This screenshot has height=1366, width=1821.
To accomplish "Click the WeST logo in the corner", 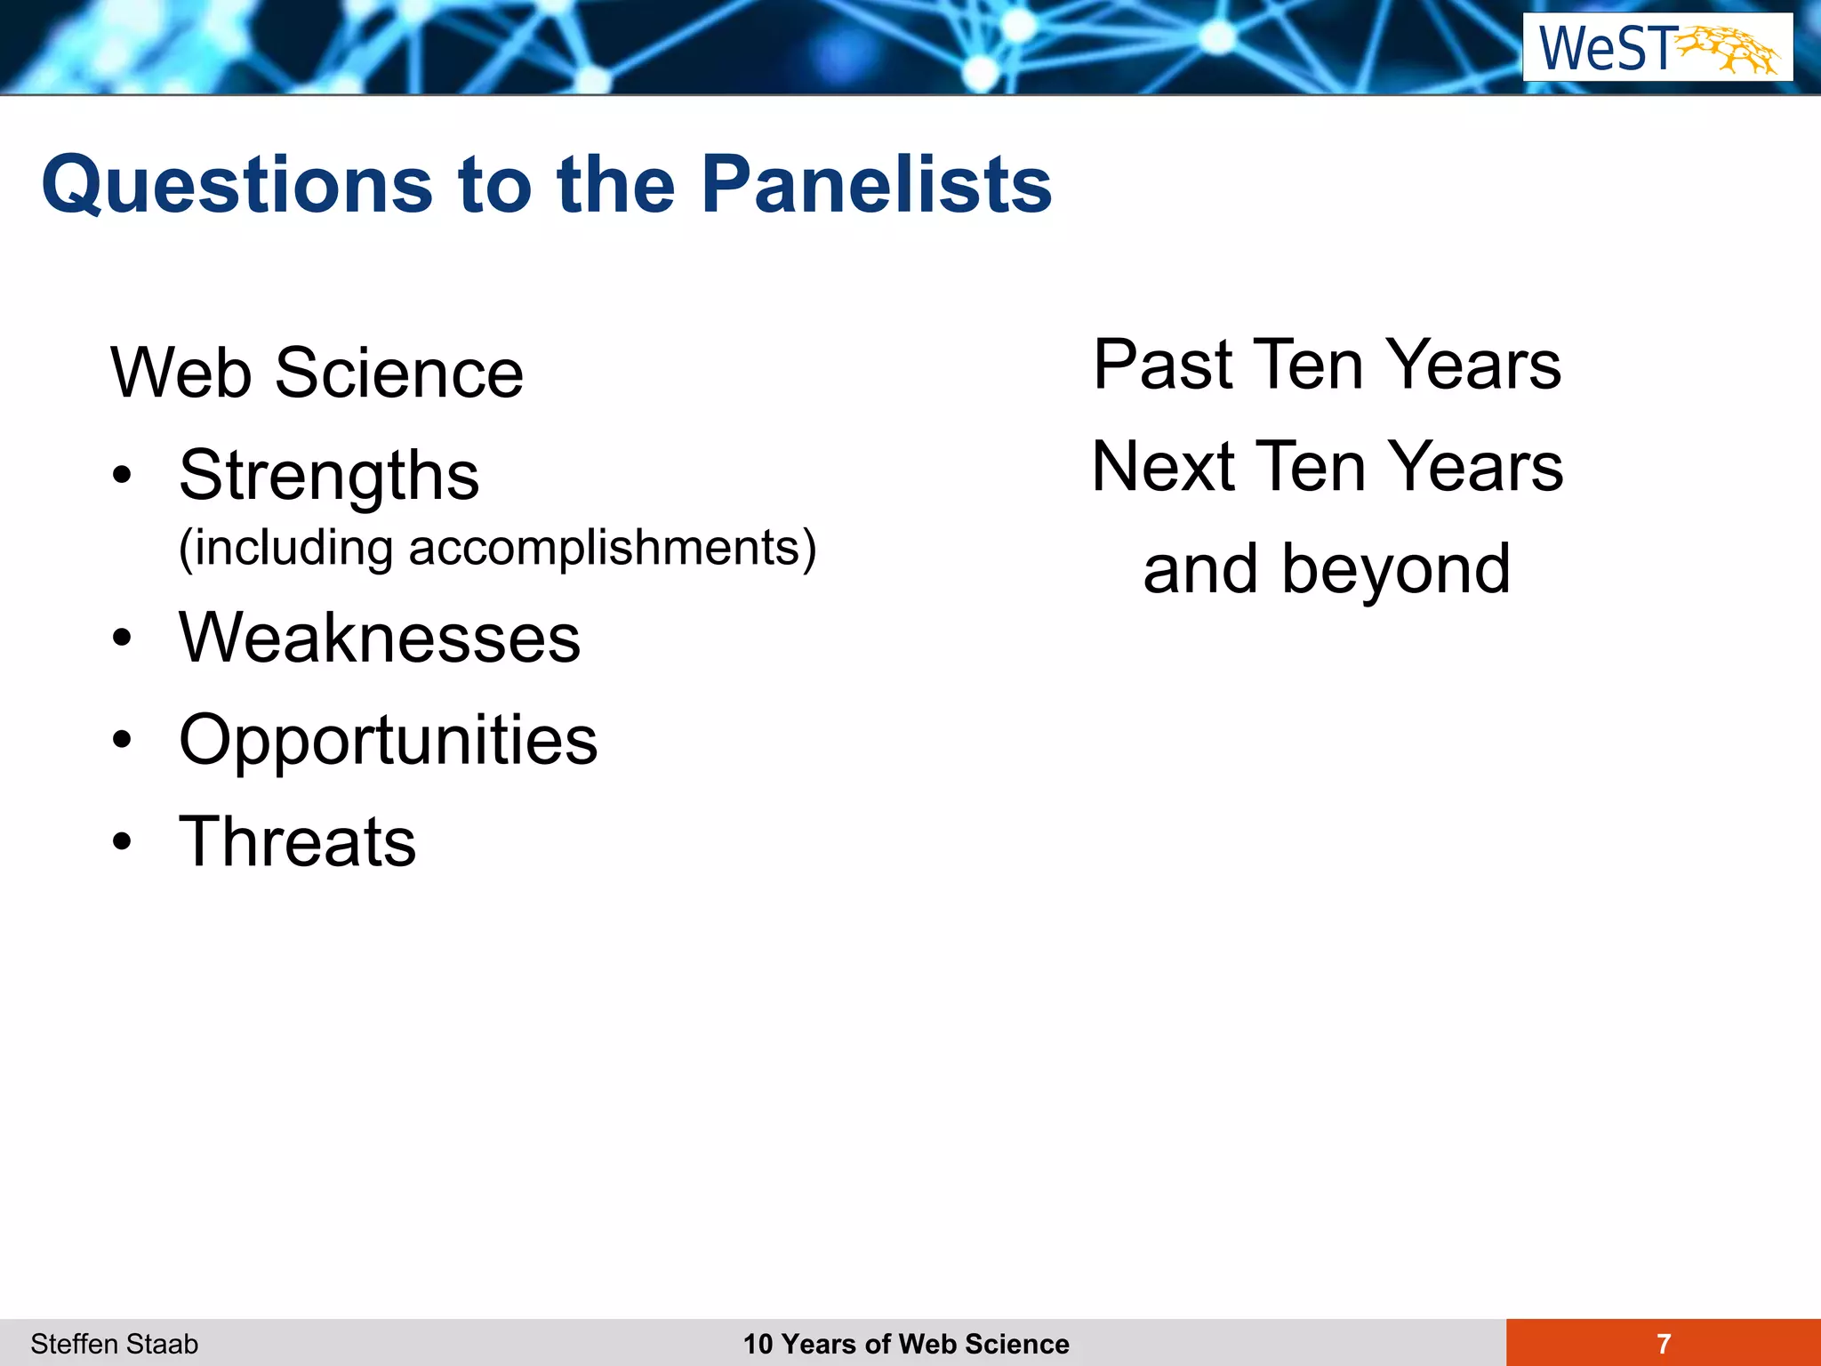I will (1657, 47).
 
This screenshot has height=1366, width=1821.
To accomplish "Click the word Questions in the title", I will (237, 186).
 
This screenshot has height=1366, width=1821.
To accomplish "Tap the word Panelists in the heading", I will (876, 184).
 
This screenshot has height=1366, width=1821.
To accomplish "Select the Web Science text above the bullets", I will (317, 374).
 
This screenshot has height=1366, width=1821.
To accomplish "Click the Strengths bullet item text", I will (328, 476).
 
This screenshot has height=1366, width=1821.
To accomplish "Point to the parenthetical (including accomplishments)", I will (496, 548).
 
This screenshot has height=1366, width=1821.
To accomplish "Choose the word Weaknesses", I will (379, 638).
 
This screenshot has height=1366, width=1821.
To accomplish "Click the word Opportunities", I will (388, 740).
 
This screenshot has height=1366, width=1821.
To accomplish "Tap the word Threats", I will (297, 842).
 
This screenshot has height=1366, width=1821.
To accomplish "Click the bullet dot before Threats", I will (122, 841).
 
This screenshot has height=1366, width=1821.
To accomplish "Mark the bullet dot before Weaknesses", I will (122, 638).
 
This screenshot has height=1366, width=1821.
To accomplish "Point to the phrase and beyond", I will (1327, 569).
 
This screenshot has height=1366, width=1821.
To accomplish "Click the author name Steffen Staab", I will (114, 1344).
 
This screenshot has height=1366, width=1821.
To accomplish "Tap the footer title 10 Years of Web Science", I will (906, 1344).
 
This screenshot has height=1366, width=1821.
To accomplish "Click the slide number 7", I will (1664, 1344).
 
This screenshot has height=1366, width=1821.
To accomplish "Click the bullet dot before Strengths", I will (122, 476).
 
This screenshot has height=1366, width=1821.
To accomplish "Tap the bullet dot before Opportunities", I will (122, 740).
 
